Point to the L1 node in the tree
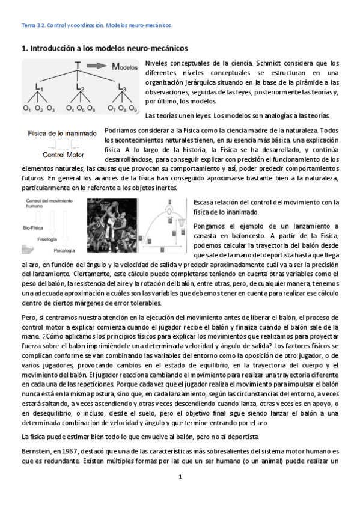[x=39, y=88]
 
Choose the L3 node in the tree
[x=122, y=88]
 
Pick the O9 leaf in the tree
[x=133, y=109]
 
